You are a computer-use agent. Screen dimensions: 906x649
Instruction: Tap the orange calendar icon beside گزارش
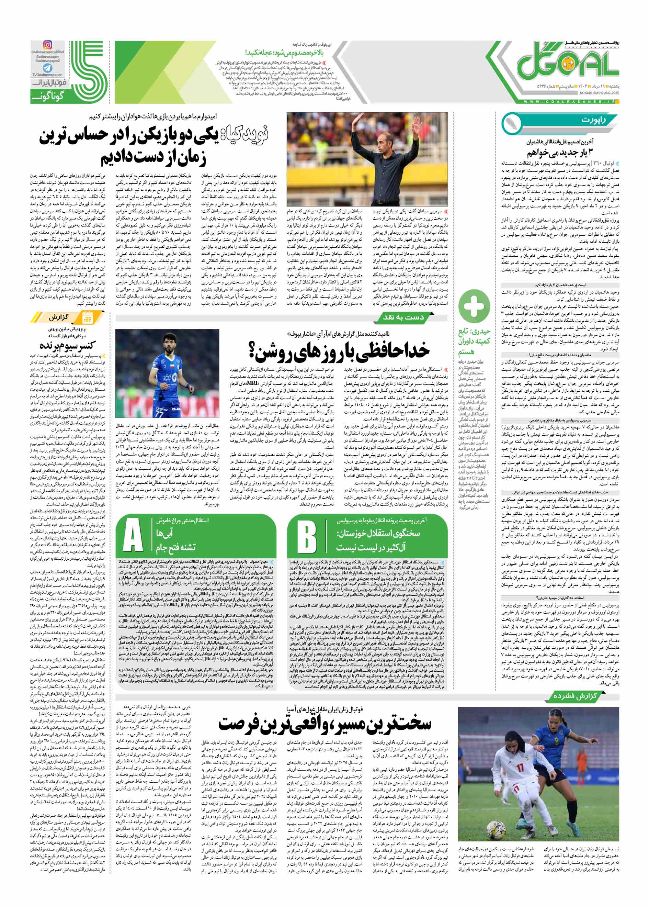[x=87, y=317]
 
